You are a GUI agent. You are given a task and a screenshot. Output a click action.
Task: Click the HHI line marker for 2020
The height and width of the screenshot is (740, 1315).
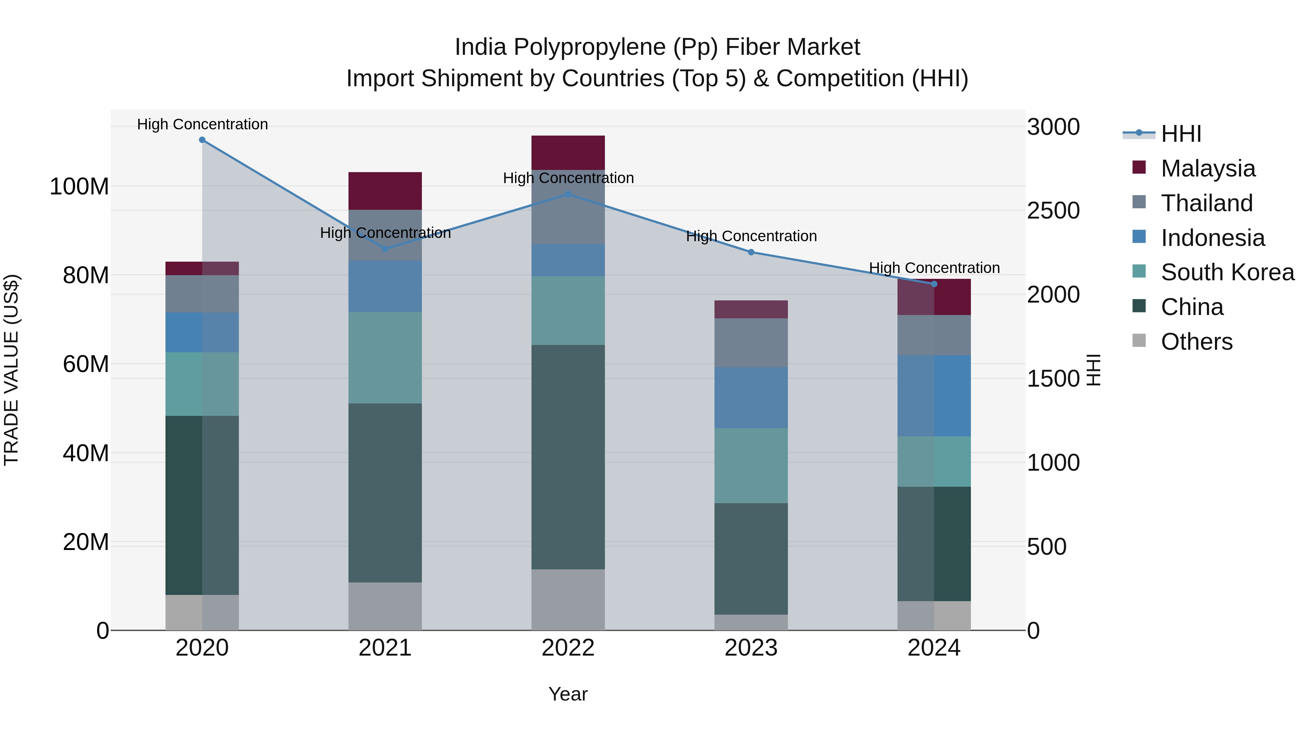point(202,140)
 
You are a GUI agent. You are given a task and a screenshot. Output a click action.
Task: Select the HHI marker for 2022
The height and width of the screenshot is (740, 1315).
point(568,194)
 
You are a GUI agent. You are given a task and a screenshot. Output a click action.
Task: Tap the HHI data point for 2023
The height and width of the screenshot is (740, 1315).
point(751,252)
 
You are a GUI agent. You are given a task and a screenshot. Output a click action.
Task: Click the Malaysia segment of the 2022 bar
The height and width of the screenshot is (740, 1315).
point(568,153)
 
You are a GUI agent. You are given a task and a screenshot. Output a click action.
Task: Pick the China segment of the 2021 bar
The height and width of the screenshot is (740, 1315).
point(385,493)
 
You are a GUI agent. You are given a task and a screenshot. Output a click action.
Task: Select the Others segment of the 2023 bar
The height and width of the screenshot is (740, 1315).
point(751,623)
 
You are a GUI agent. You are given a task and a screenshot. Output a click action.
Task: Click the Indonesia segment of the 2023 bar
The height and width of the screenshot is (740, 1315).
point(751,398)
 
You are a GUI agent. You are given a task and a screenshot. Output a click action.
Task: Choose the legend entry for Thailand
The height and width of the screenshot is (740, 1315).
point(1207,203)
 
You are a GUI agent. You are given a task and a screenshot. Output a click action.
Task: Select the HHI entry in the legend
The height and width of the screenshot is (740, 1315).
point(1181,134)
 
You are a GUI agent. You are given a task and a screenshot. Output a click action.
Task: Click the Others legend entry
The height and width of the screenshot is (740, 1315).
point(1197,342)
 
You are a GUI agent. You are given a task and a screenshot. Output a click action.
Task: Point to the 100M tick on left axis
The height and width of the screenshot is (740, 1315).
point(79,186)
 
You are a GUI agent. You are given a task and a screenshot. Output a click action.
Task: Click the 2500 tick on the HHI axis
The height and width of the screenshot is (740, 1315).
point(1053,211)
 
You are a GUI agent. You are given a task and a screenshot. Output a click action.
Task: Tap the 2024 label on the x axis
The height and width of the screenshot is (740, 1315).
point(934,648)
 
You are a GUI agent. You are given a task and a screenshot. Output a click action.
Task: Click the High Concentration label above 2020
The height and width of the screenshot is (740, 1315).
point(202,124)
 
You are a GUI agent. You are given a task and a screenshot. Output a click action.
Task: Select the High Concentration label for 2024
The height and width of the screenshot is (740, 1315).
point(934,267)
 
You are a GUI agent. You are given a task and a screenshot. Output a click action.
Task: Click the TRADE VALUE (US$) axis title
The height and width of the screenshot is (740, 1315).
point(11,370)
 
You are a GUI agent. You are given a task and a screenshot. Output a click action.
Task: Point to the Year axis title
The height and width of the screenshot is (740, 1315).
point(568,694)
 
